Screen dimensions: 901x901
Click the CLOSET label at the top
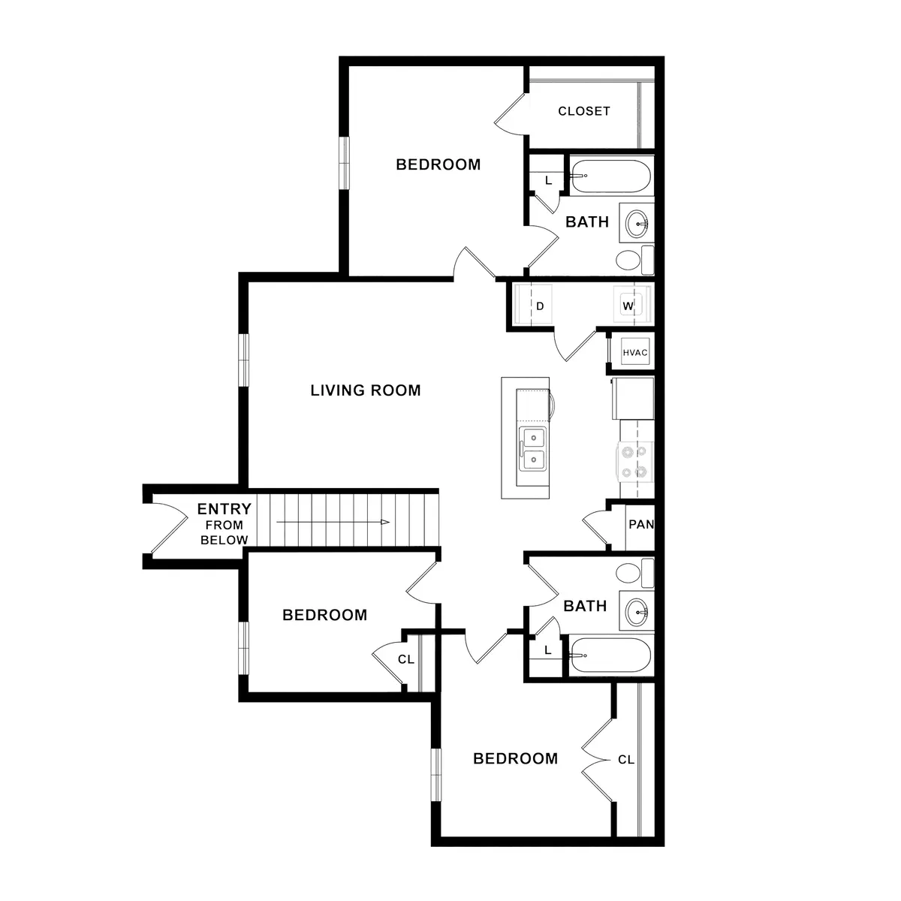click(583, 111)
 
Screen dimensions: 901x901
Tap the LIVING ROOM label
click(366, 390)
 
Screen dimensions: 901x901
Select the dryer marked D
click(535, 306)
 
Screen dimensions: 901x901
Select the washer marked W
click(628, 306)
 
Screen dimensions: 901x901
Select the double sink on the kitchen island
click(533, 448)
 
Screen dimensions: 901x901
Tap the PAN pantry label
click(640, 525)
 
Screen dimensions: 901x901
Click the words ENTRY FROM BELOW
click(224, 524)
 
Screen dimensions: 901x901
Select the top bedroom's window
click(345, 163)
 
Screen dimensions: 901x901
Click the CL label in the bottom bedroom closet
click(626, 760)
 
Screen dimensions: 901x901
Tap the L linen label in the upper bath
click(548, 181)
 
